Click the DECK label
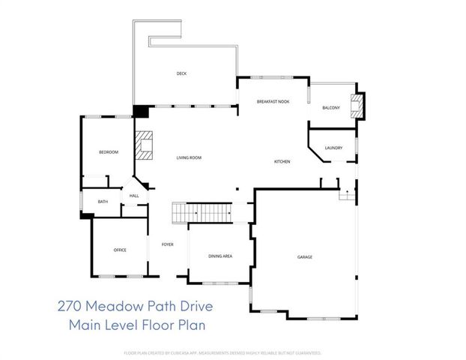point(181,73)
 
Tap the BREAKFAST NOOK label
point(273,101)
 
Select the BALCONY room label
point(331,108)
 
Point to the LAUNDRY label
point(334,148)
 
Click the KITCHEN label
point(282,162)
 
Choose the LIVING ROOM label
point(189,157)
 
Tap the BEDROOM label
point(109,152)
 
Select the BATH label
point(103,201)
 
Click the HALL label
point(134,196)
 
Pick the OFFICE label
point(119,250)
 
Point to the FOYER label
point(167,244)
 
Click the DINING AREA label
point(220,256)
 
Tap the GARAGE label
point(305,257)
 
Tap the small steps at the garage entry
point(346,195)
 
